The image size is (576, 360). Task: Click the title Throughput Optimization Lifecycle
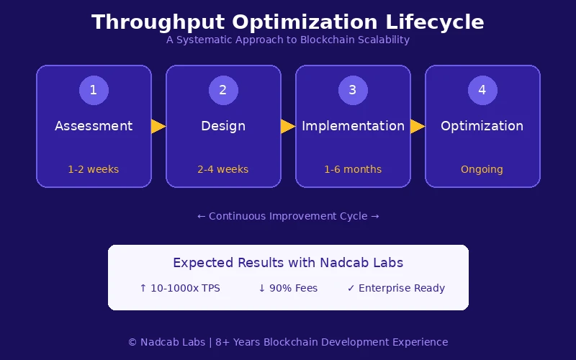tap(288, 22)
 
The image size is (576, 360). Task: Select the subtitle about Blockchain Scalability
tap(288, 40)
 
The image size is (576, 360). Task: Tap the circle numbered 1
tap(94, 90)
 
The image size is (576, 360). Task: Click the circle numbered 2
tap(223, 90)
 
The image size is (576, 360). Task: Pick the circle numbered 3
tap(353, 90)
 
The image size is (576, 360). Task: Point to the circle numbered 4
tap(482, 90)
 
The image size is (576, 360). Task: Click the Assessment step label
tap(94, 126)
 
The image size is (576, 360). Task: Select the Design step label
tap(223, 126)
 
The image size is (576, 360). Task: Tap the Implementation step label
tap(353, 126)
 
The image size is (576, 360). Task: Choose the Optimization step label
tap(482, 126)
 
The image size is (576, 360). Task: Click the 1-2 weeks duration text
tap(94, 170)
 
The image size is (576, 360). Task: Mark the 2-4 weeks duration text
tap(223, 170)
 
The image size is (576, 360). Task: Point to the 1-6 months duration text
tap(353, 170)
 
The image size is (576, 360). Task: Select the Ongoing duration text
tap(482, 170)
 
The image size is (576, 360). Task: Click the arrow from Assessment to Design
tap(158, 127)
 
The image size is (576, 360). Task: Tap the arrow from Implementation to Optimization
tap(418, 127)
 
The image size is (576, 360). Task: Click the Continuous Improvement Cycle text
tap(288, 216)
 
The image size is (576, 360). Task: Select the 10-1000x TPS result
tap(180, 288)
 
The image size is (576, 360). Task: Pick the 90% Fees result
tap(288, 288)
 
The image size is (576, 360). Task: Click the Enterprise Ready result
tap(396, 288)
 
